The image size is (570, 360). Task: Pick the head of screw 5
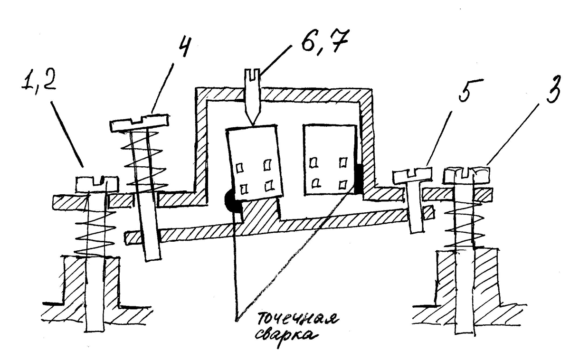tap(411, 174)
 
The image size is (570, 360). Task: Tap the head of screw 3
tap(466, 175)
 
